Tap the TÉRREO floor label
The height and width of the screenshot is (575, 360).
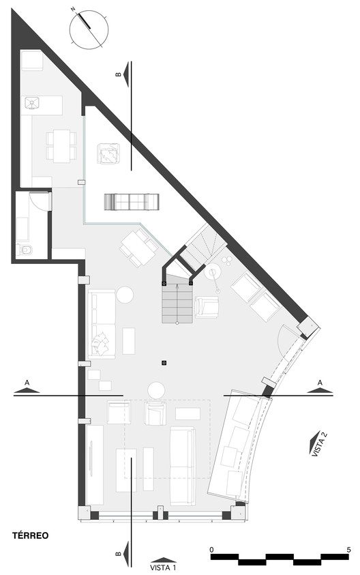coord(31,535)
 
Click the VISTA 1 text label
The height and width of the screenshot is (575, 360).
coord(163,568)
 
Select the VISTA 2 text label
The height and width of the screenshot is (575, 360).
coord(319,444)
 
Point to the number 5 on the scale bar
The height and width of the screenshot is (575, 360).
coord(348,550)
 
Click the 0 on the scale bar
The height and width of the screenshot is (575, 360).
coord(211,550)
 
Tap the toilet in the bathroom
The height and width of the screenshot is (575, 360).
coord(25,250)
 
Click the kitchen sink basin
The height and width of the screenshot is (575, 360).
coord(32,102)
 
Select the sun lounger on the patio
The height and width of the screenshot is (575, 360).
coord(132,202)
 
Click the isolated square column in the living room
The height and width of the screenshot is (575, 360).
coord(164,363)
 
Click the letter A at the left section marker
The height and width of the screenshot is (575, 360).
coord(27,383)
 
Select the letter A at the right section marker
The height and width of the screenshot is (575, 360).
coord(320,383)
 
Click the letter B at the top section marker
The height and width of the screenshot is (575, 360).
coord(118,74)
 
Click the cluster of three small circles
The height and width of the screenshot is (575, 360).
coord(227,260)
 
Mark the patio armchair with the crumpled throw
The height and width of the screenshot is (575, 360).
coord(108,154)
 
